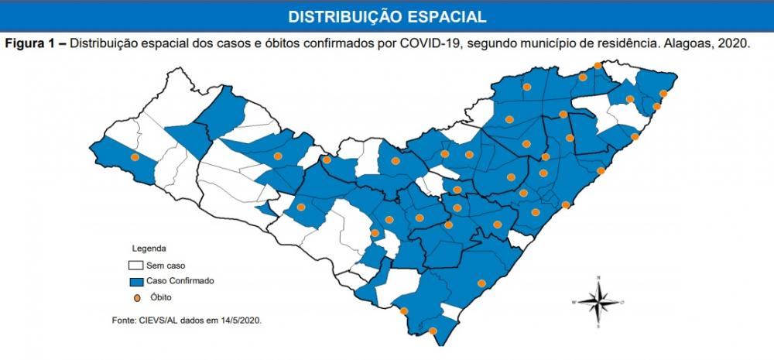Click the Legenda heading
click(149, 249)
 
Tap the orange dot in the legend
click(136, 297)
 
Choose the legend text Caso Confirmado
click(180, 281)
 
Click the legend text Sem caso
click(165, 266)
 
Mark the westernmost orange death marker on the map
click(135, 157)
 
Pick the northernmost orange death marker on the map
click(598, 67)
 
